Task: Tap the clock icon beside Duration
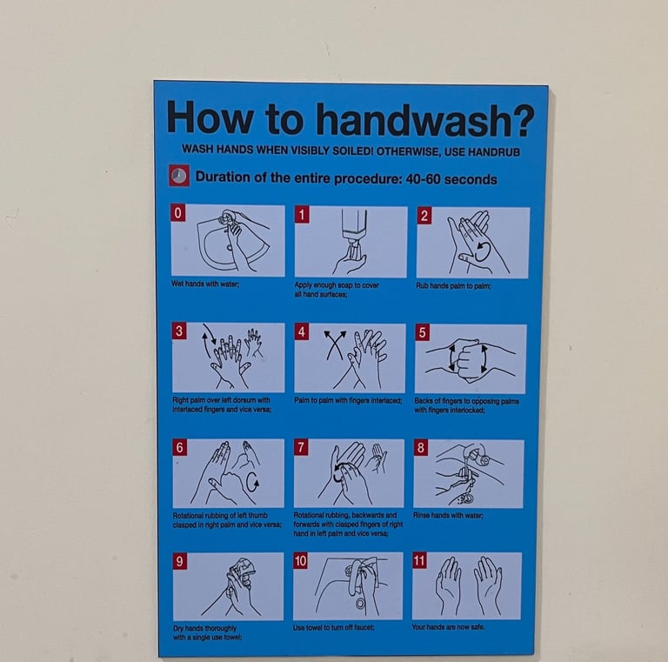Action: [179, 176]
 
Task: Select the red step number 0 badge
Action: [178, 212]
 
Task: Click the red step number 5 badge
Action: [422, 332]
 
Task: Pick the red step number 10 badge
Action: [300, 560]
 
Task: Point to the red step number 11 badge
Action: [419, 560]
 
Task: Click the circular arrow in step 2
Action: [483, 251]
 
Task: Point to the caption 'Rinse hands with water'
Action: [448, 516]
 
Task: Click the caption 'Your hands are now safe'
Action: [448, 626]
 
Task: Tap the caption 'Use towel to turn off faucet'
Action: [334, 627]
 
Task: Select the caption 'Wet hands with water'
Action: [205, 284]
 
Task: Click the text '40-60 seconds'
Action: [451, 179]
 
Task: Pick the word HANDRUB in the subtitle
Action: [494, 152]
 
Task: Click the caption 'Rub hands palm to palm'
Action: [453, 286]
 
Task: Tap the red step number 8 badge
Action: [420, 448]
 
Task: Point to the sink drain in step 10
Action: [360, 603]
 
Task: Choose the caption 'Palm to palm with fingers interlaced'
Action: [348, 400]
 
